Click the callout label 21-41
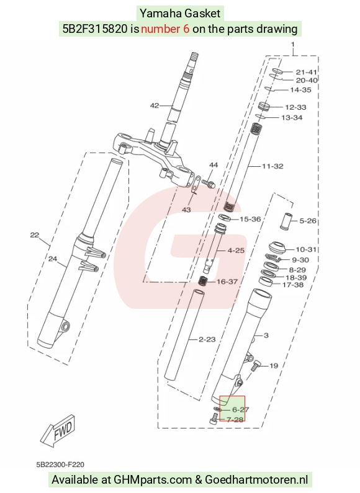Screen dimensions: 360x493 tap(306, 72)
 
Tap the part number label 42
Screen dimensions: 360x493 tap(155, 105)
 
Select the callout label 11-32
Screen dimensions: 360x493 tap(272, 166)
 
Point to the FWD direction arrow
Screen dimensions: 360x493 tap(58, 430)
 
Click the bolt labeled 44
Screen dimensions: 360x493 tap(209, 183)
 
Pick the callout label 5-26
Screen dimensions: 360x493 tap(308, 221)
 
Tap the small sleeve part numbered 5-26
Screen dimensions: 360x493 tap(286, 221)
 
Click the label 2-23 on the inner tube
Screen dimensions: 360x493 tap(207, 339)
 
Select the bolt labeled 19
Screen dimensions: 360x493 tap(255, 366)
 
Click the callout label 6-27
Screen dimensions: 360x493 tap(240, 409)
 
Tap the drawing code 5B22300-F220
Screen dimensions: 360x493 tap(60, 464)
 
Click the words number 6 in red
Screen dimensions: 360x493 tap(165, 29)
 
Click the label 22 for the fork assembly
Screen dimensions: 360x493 tap(35, 235)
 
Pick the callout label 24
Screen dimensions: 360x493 tap(53, 259)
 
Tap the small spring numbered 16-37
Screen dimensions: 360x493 tap(203, 280)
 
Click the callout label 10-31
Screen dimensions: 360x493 tap(306, 249)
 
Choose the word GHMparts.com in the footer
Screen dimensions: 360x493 tap(153, 480)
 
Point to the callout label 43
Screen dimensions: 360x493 tap(186, 210)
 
